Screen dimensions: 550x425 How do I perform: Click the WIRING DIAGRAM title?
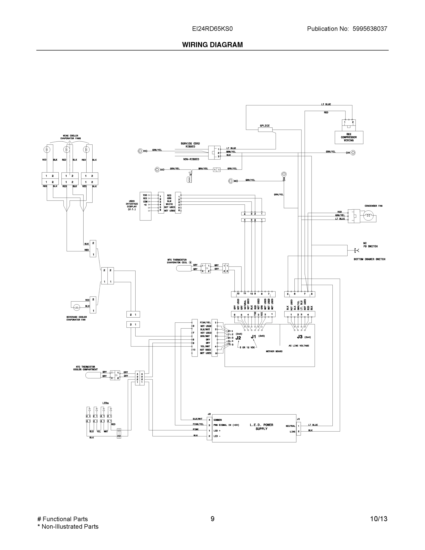(x=212, y=45)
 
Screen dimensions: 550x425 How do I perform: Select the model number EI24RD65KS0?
(x=212, y=29)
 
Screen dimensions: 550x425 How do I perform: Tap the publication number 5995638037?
(x=370, y=29)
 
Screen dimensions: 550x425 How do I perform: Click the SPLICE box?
(x=265, y=130)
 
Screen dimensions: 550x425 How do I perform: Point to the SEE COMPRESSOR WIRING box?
(x=349, y=137)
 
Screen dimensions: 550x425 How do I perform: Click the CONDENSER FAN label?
(x=373, y=206)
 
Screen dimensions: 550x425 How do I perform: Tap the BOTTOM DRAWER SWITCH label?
(x=369, y=259)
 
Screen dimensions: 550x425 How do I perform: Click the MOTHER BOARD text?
(x=274, y=351)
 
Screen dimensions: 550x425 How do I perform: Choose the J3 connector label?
(x=300, y=337)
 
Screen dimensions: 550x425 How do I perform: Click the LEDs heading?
(x=105, y=403)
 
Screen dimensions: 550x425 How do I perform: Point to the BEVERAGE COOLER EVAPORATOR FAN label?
(x=77, y=318)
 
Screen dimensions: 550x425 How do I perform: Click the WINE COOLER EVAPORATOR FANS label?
(x=71, y=137)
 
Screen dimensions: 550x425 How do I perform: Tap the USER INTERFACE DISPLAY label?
(x=132, y=205)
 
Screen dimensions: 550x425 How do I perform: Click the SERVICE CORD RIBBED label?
(x=190, y=145)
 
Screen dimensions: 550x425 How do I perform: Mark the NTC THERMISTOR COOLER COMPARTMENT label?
(x=85, y=368)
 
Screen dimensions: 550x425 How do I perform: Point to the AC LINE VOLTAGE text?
(x=299, y=346)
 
